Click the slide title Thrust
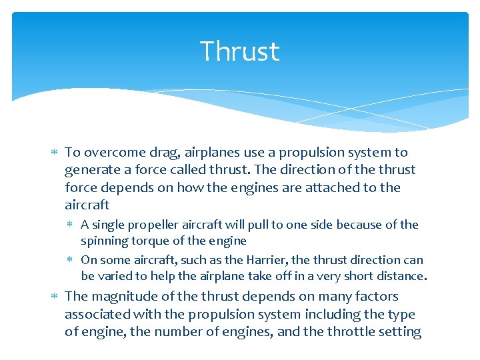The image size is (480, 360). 239,52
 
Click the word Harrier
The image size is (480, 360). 255,260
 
